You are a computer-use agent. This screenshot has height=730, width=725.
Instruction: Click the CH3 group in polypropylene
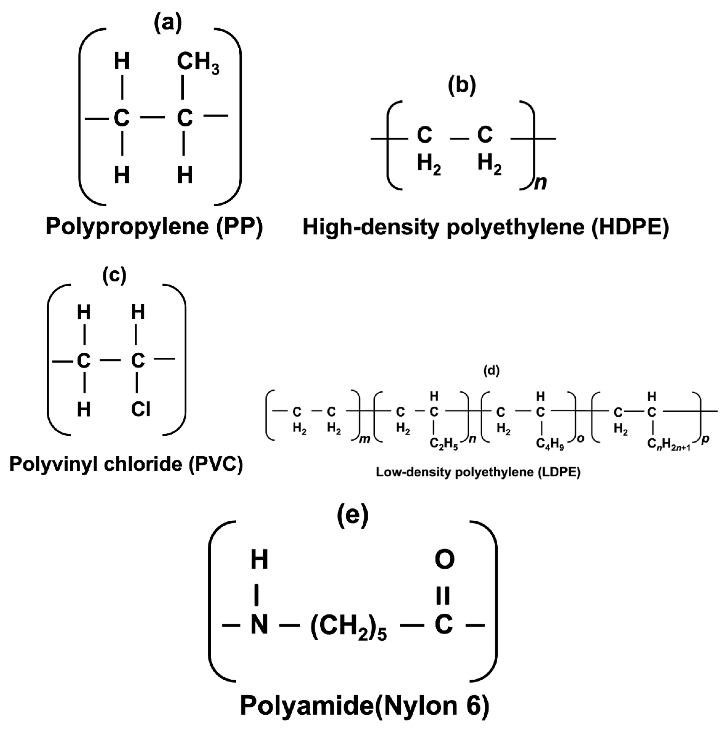click(x=198, y=63)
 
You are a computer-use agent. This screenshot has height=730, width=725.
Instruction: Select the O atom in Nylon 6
click(x=444, y=559)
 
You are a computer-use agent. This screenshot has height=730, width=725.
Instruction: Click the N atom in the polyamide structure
click(x=259, y=624)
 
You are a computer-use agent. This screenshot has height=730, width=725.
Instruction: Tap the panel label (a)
click(x=168, y=23)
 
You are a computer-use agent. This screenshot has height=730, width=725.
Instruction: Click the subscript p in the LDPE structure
click(x=705, y=439)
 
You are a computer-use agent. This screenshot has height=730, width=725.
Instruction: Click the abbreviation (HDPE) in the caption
click(x=630, y=228)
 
